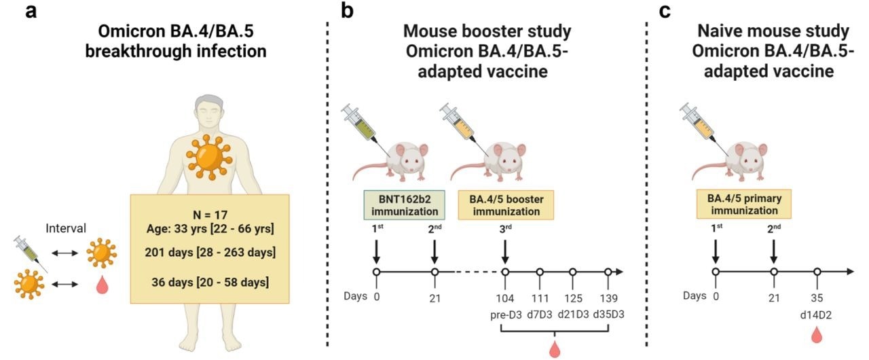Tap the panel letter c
[665, 12]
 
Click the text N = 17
[210, 212]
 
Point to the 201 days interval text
[210, 253]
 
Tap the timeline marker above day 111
[539, 272]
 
